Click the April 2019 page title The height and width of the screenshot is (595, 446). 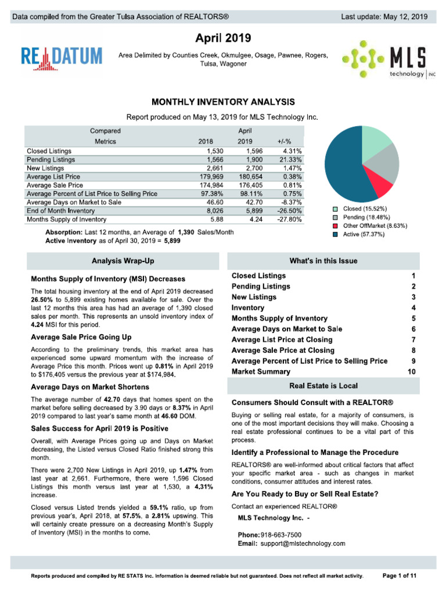point(223,39)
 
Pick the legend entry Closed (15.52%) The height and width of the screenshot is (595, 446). point(363,209)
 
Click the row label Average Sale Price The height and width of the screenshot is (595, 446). point(54,185)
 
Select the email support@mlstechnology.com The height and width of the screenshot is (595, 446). point(303,543)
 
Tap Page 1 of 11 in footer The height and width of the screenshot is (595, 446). point(400,575)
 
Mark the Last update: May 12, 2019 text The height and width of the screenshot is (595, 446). point(384,17)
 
